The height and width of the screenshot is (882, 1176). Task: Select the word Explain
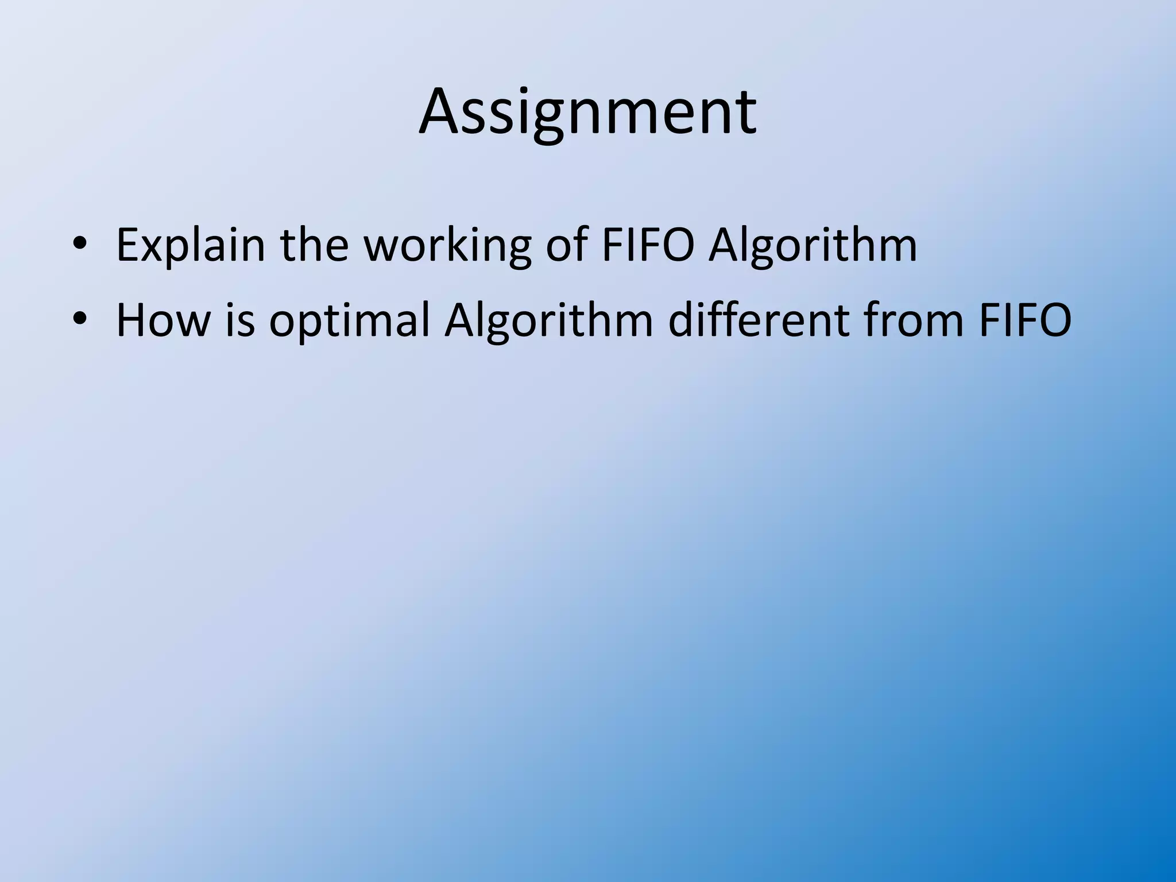tap(191, 245)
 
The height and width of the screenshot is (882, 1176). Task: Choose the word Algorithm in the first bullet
tap(813, 245)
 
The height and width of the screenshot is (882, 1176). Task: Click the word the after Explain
tap(315, 245)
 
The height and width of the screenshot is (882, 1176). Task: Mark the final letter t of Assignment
tap(745, 113)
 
